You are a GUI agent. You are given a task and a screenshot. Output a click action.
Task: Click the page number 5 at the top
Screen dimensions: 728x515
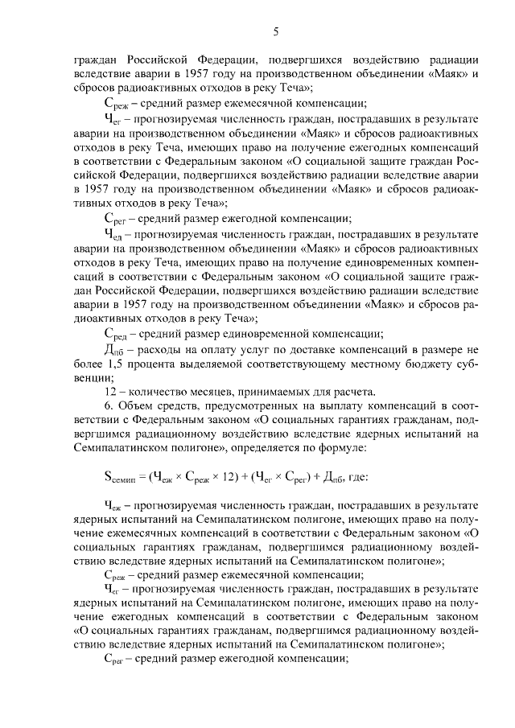[275, 31]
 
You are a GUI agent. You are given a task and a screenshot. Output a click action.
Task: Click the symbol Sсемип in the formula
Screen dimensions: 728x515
[123, 477]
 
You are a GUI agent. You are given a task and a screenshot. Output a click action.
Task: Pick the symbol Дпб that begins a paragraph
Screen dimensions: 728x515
[114, 350]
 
